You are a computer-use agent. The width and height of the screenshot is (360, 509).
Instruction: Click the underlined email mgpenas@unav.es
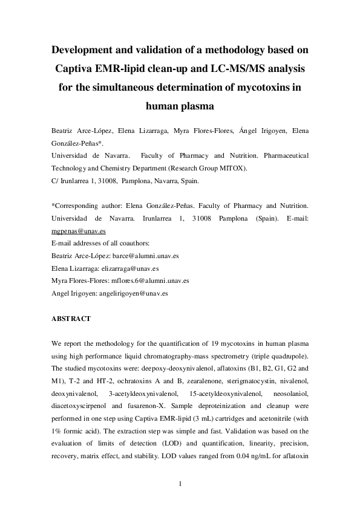pos(71,232)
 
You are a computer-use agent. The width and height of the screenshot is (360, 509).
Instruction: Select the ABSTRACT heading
pos(71,319)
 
